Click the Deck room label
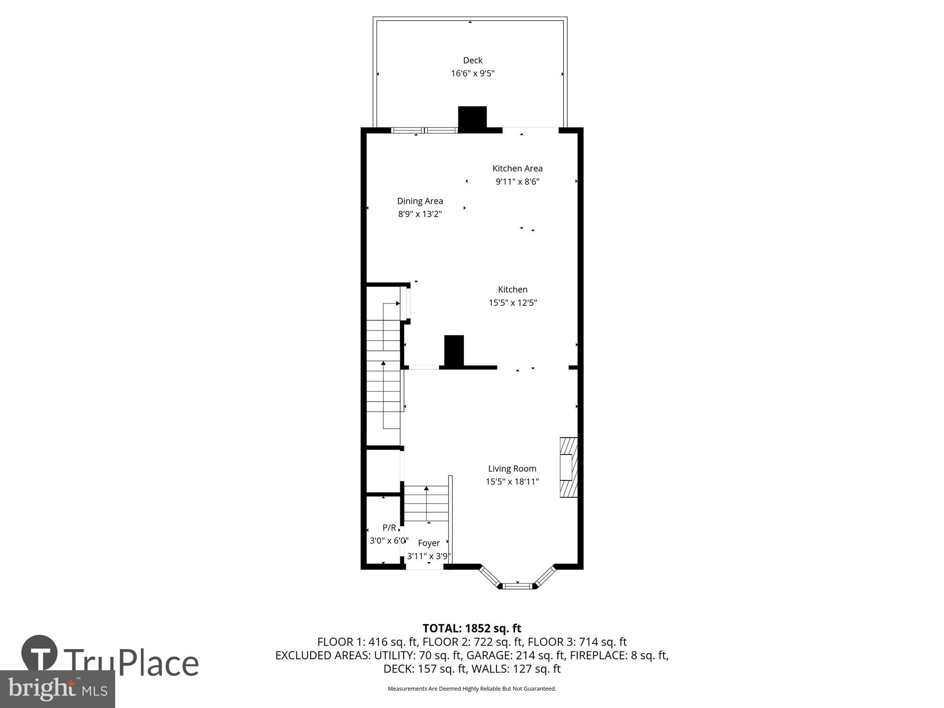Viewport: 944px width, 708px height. tap(472, 60)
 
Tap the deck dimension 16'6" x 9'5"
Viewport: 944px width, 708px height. tap(472, 74)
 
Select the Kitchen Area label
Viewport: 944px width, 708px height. tap(517, 169)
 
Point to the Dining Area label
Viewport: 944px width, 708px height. tap(420, 201)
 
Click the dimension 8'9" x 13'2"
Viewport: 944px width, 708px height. tap(420, 214)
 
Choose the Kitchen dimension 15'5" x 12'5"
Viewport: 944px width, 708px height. tap(513, 303)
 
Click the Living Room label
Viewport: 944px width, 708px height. tap(512, 469)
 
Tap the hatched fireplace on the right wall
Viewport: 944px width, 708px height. tap(569, 468)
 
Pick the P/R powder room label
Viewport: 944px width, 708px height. tap(389, 528)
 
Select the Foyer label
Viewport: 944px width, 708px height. tap(429, 543)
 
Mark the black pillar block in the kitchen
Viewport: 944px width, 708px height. tap(454, 350)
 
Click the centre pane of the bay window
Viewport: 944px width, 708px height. tap(517, 586)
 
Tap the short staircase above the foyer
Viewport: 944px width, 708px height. tap(426, 504)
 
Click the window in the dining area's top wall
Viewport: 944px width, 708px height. tap(424, 131)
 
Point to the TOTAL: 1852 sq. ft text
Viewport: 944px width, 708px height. tap(472, 628)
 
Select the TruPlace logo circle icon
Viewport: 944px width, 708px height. tap(40, 654)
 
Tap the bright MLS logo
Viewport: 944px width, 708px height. tap(57, 689)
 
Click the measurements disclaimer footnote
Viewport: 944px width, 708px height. tap(472, 689)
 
